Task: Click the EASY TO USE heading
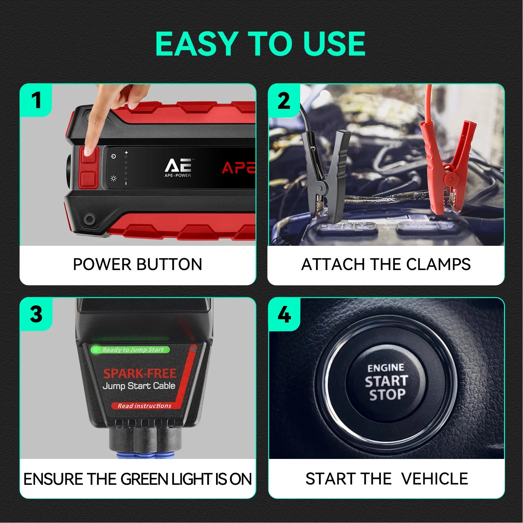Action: tap(260, 44)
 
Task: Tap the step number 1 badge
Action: tap(36, 100)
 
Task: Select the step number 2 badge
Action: tap(284, 101)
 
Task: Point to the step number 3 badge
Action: tap(36, 314)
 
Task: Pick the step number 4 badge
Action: tap(284, 314)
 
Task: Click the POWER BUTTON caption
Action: tap(138, 264)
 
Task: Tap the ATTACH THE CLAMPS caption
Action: tap(386, 264)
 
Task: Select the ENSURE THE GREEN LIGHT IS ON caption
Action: tap(138, 479)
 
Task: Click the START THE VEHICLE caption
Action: tap(386, 479)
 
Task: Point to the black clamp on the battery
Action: tap(325, 173)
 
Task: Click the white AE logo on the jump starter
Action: tap(178, 166)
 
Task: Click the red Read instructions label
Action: tap(144, 406)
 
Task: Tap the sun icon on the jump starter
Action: tap(113, 178)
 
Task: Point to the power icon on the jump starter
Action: tap(113, 157)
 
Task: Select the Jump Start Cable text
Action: tap(139, 386)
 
